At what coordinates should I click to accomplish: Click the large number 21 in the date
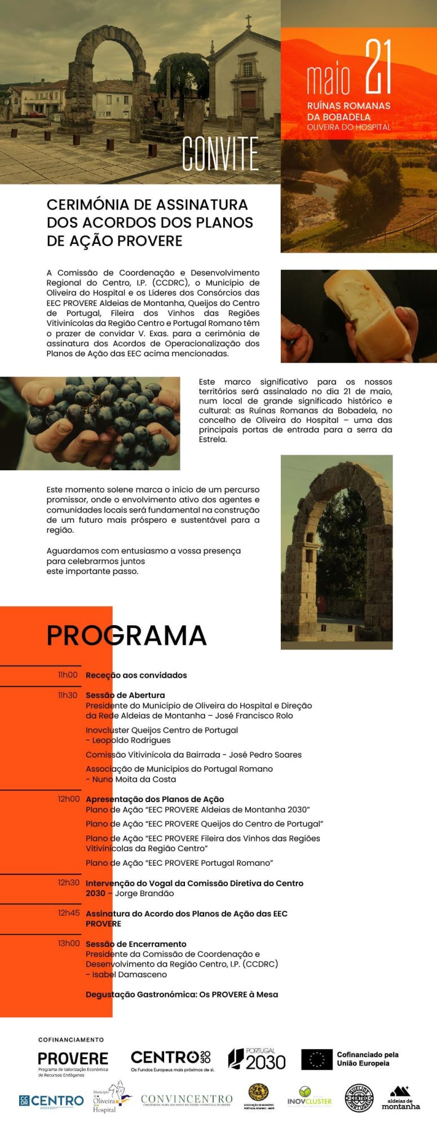[x=378, y=67]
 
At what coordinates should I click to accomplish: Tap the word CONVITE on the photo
[x=220, y=154]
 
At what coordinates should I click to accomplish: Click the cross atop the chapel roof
[x=249, y=23]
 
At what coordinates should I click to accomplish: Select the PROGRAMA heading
[x=126, y=635]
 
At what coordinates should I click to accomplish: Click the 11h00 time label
[x=68, y=675]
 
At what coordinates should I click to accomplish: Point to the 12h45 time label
[x=69, y=913]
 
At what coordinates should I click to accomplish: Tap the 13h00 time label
[x=69, y=943]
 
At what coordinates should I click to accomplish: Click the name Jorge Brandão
[x=144, y=893]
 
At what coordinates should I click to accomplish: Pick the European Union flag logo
[x=316, y=1059]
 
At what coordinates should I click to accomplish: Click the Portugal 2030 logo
[x=257, y=1059]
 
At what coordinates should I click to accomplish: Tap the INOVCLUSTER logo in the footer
[x=310, y=1097]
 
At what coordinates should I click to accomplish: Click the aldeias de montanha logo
[x=400, y=1097]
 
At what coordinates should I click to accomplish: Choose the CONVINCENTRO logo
[x=187, y=1100]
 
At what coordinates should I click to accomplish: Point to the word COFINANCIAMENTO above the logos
[x=71, y=1040]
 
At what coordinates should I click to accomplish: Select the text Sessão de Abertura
[x=125, y=695]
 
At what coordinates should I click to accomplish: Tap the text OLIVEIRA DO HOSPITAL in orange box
[x=348, y=127]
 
